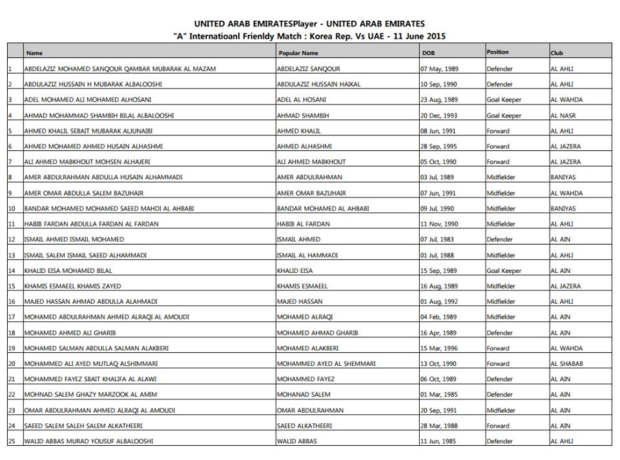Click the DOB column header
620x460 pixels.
point(428,53)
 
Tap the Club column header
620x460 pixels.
point(557,53)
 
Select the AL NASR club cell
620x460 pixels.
point(563,115)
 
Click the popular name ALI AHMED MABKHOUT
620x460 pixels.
point(311,162)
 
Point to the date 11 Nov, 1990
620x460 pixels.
point(439,224)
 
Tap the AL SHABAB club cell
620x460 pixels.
point(566,364)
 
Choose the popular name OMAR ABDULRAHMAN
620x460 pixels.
point(310,410)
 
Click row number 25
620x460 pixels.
point(11,441)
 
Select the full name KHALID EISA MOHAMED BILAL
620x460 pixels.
point(63,271)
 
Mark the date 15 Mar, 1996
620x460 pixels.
point(439,348)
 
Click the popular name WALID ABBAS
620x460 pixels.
point(296,441)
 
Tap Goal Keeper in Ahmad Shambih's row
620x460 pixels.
point(504,115)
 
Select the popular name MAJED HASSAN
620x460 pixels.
point(298,301)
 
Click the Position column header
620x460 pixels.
point(497,52)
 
